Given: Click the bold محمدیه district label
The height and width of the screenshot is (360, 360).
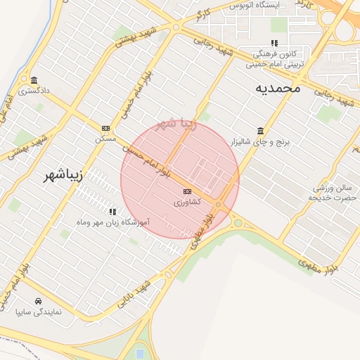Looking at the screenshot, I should pos(278,88).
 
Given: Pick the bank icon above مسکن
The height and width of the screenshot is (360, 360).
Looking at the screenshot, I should pos(105,128).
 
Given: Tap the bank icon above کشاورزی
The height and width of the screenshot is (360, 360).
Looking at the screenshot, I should pos(187,191).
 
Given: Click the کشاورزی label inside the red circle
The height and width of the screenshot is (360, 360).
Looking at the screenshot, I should pos(187,202).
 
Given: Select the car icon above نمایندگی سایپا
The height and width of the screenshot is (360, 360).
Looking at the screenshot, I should pos(38,301).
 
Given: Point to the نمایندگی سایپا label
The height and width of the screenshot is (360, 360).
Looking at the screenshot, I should pos(40,311).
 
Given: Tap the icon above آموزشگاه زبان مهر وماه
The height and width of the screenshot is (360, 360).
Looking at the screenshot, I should pos(112,211).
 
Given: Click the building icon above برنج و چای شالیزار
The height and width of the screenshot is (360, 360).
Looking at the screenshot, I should pos(261,131).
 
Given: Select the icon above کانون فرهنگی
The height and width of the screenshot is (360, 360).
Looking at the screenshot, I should pos(274,43).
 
